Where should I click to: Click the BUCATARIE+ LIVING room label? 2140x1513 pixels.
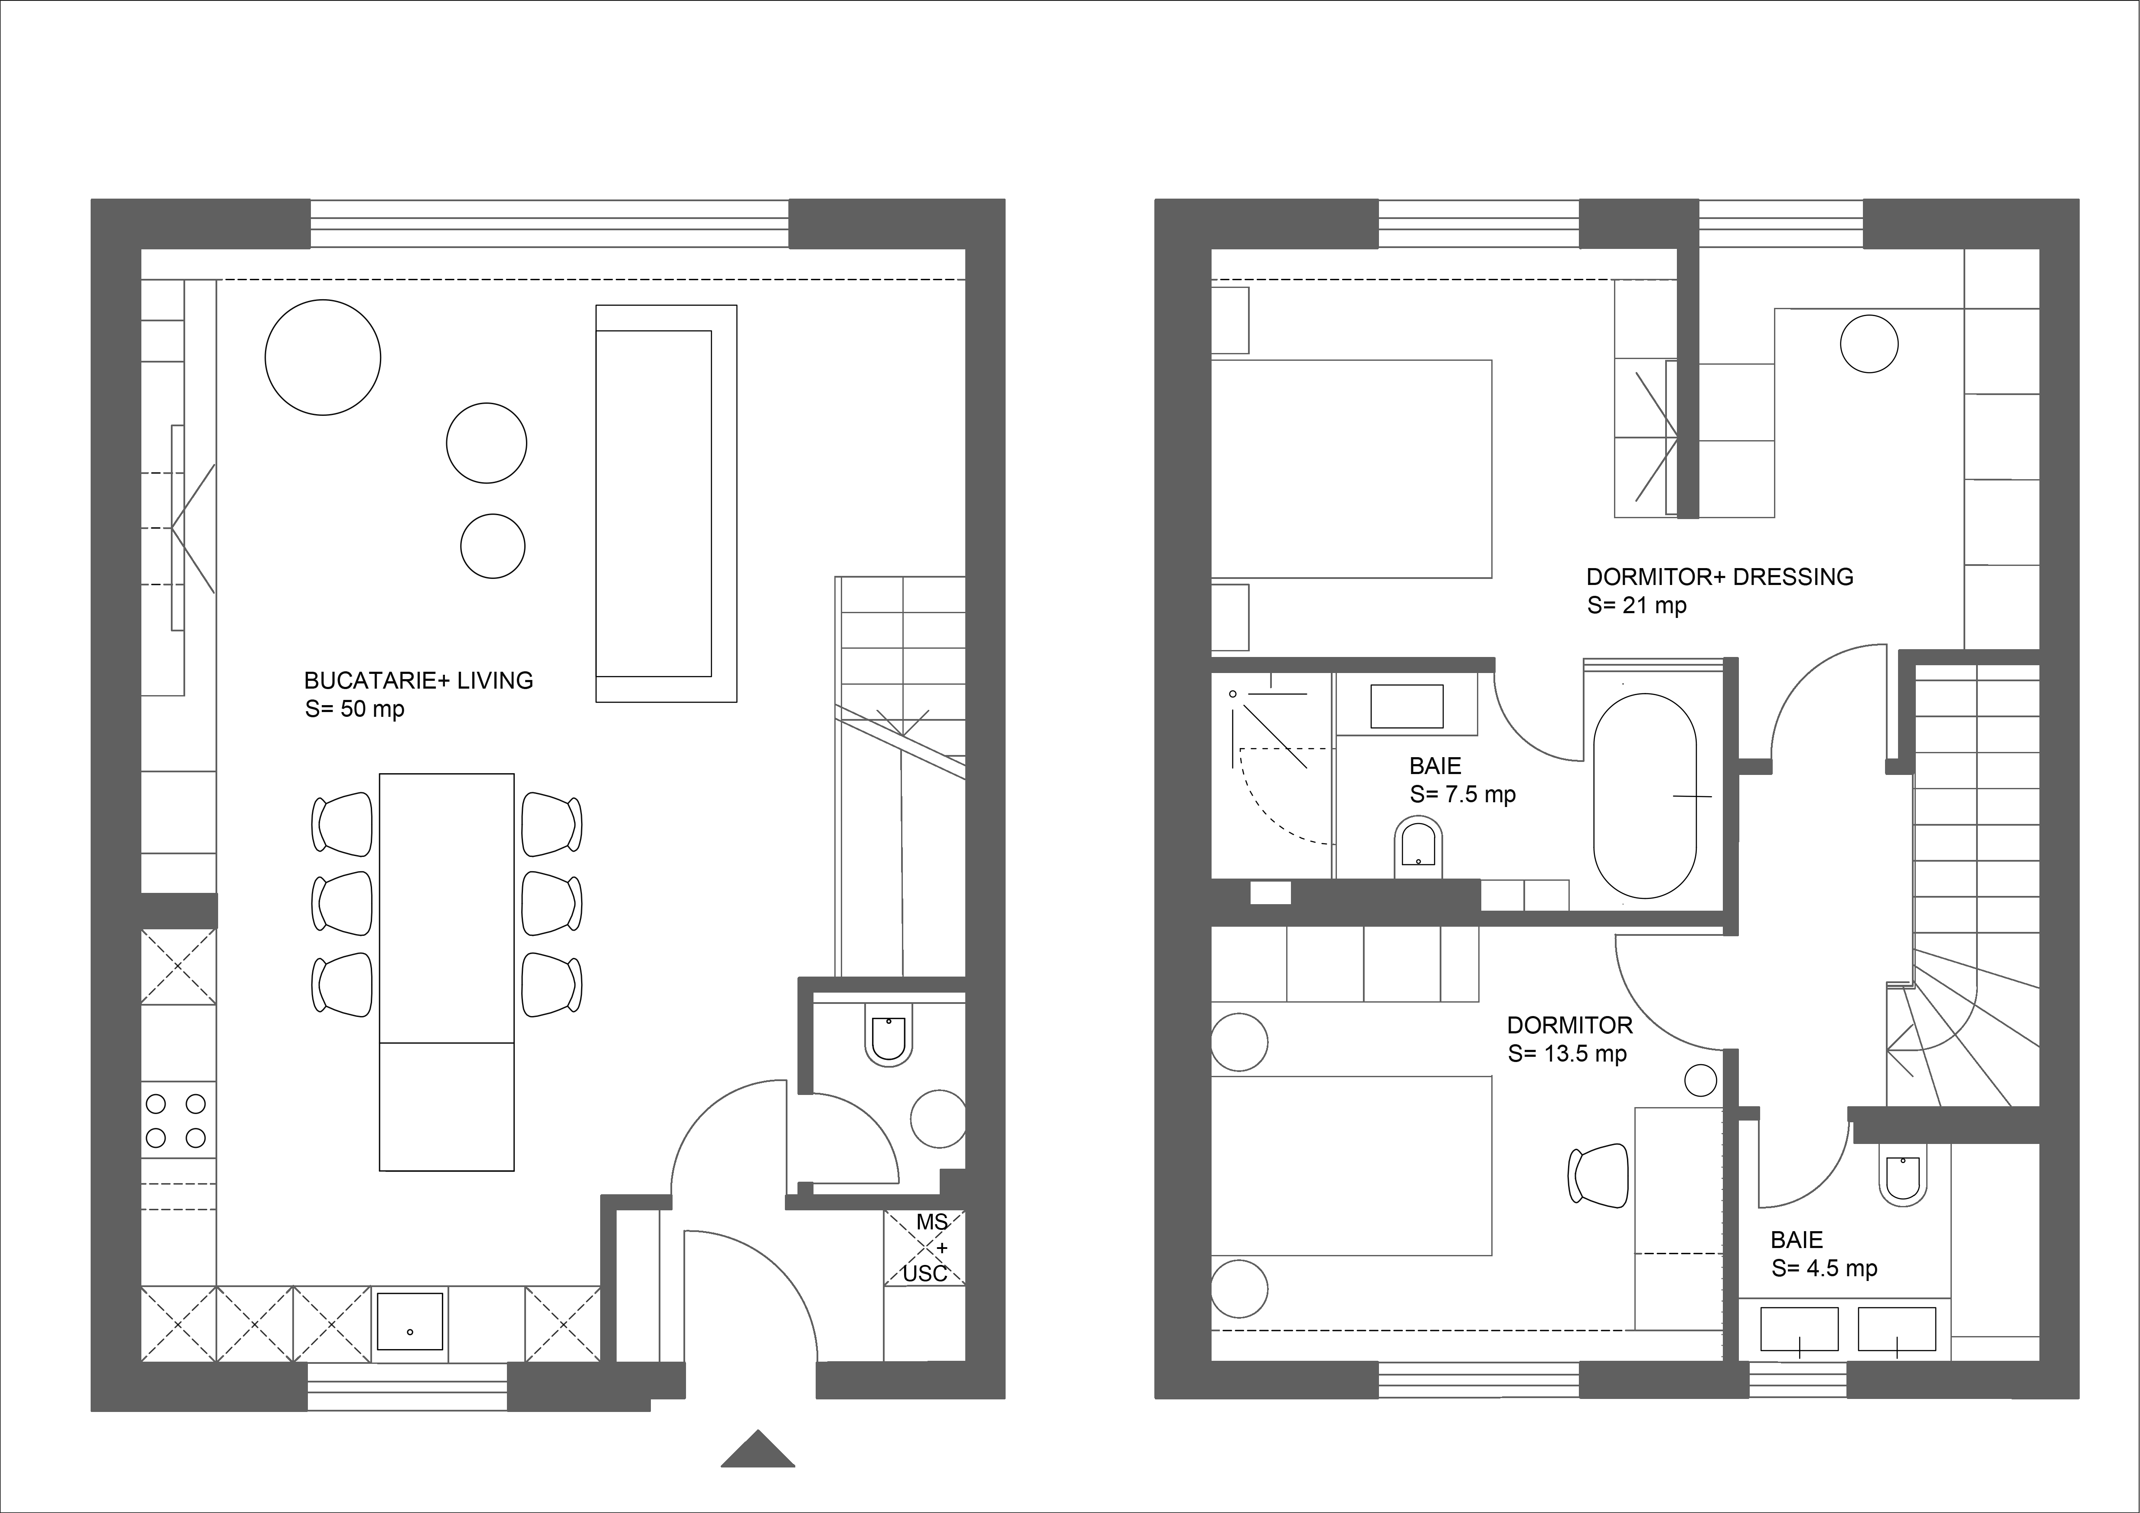pyautogui.click(x=418, y=680)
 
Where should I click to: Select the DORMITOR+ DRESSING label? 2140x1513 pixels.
pyautogui.click(x=1720, y=577)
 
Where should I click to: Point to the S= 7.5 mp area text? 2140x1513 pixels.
pyautogui.click(x=1462, y=794)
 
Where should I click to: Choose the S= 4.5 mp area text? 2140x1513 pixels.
pyautogui.click(x=1824, y=1269)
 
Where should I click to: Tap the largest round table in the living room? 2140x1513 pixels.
pyautogui.click(x=323, y=357)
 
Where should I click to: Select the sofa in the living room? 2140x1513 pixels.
pyautogui.click(x=667, y=503)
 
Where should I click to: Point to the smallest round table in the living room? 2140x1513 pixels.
pyautogui.click(x=493, y=546)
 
